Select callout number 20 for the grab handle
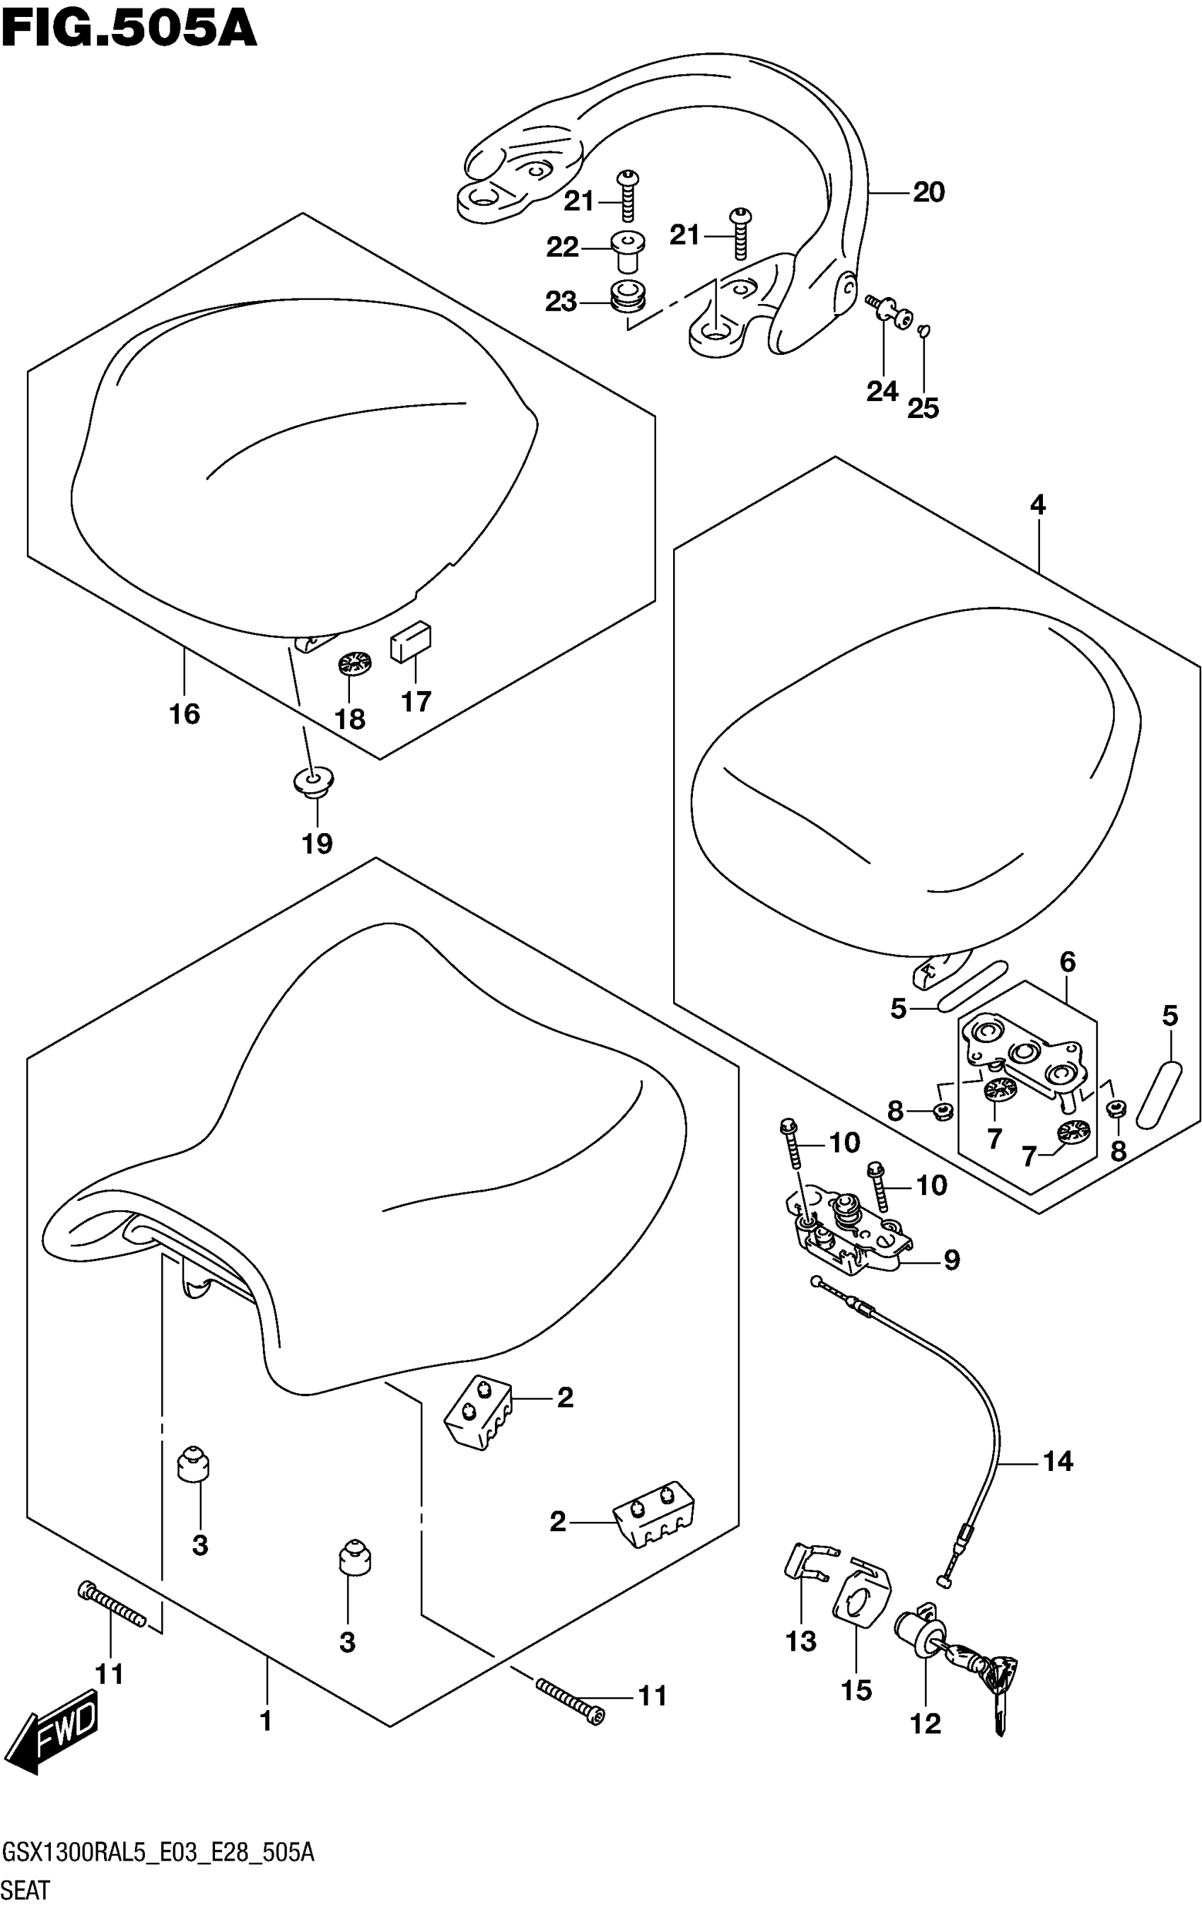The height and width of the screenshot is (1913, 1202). pyautogui.click(x=928, y=192)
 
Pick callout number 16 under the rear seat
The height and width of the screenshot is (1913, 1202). pyautogui.click(x=185, y=714)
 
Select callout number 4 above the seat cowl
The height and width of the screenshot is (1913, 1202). pyautogui.click(x=1037, y=504)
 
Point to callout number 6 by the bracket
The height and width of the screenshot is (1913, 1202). pyautogui.click(x=1067, y=962)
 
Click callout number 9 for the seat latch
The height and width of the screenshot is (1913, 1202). pyautogui.click(x=952, y=1259)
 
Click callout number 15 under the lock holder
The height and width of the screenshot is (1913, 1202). pyautogui.click(x=856, y=1690)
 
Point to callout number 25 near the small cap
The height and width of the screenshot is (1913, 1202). pyautogui.click(x=923, y=408)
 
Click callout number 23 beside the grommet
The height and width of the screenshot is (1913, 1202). pyautogui.click(x=561, y=302)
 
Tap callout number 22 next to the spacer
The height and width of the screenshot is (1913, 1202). pyautogui.click(x=563, y=248)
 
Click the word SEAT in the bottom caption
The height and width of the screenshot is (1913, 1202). pyautogui.click(x=26, y=1890)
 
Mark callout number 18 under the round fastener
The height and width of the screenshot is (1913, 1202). pyautogui.click(x=349, y=719)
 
